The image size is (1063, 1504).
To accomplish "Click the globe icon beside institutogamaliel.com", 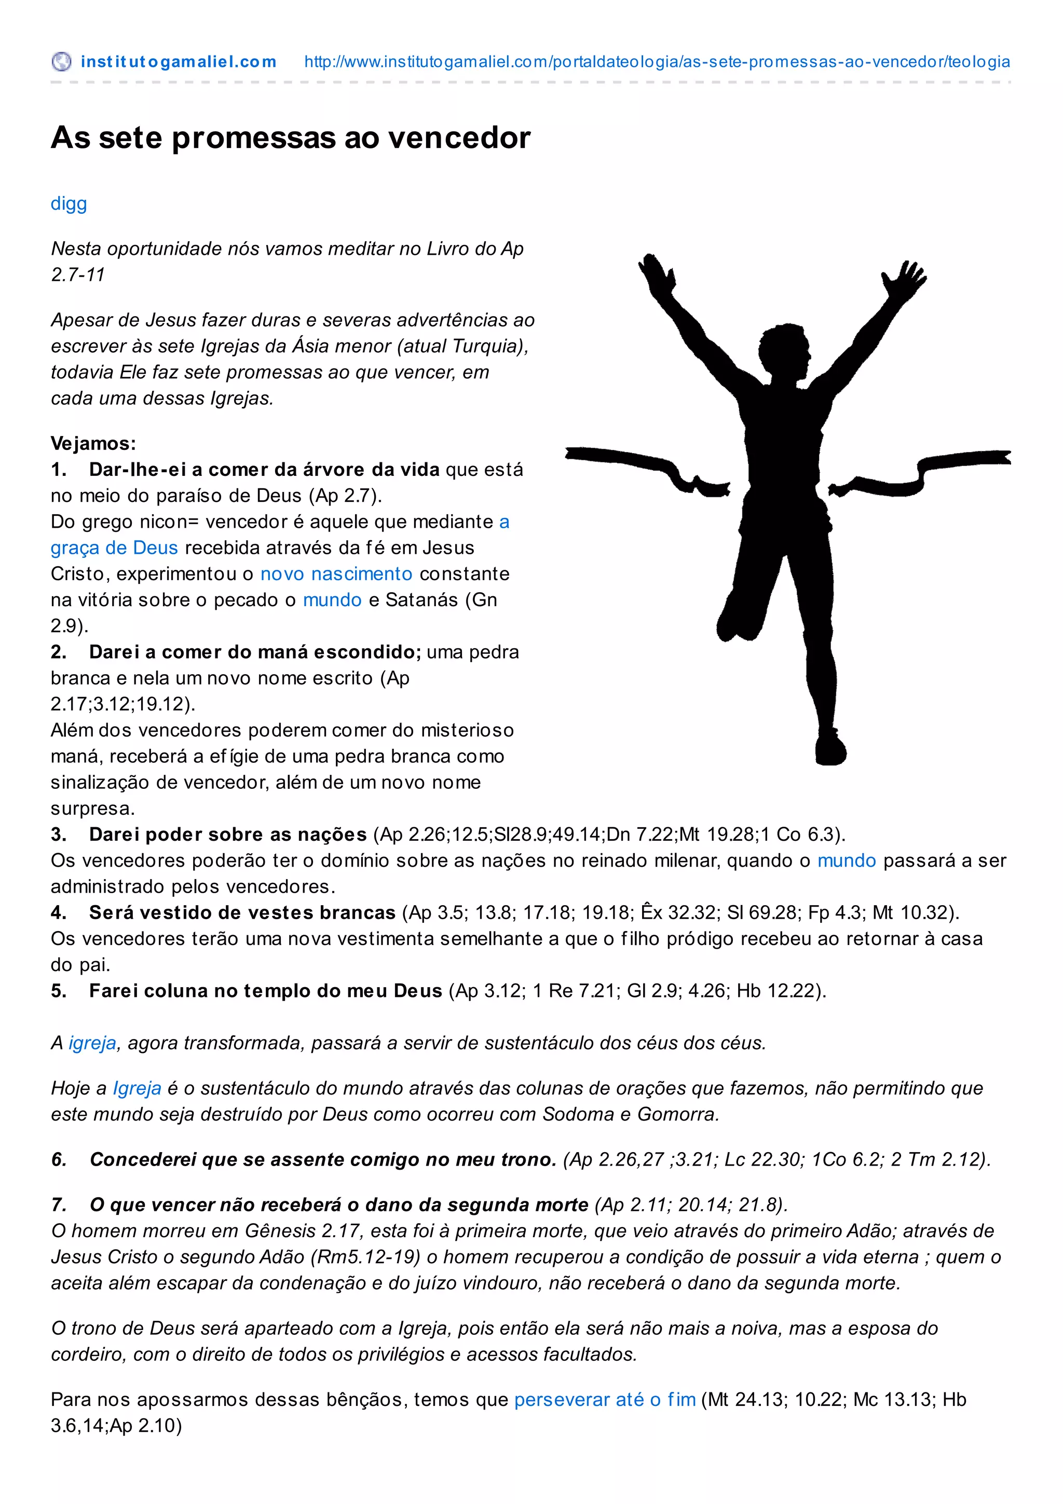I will (61, 62).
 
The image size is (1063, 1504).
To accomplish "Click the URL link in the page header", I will (657, 62).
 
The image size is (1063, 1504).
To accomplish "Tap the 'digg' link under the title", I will (69, 204).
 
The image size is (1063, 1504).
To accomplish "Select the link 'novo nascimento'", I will (336, 574).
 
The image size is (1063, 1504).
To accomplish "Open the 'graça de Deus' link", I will (115, 548).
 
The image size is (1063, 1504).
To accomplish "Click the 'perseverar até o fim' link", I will (605, 1399).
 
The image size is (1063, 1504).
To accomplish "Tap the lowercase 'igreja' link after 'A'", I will (92, 1043).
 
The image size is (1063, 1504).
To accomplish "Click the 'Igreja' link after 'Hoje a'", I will (137, 1088).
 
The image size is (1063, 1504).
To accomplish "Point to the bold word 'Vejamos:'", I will (93, 444).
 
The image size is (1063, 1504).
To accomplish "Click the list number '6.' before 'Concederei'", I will (59, 1159).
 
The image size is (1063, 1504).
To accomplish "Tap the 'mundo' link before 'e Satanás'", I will (332, 600).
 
